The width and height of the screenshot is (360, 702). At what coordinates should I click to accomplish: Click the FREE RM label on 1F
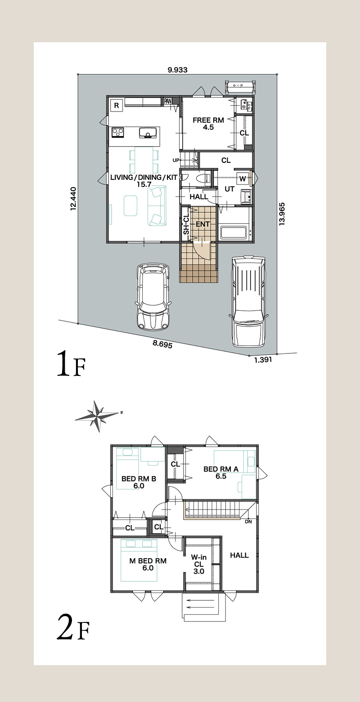[208, 120]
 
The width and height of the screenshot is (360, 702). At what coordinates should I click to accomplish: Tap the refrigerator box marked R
[117, 105]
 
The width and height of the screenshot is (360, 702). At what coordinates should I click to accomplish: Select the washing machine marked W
[243, 179]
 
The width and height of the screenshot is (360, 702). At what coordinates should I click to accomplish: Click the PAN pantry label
[168, 101]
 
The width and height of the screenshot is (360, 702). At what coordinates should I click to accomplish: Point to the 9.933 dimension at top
[177, 70]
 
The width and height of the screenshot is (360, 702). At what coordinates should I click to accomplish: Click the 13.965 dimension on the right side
[282, 214]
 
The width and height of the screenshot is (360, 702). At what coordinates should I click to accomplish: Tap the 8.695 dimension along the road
[162, 344]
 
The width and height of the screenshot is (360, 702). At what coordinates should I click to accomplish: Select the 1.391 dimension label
[263, 360]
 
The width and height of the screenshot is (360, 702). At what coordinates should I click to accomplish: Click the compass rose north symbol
[98, 416]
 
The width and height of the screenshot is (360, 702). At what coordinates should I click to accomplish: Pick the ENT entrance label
[202, 224]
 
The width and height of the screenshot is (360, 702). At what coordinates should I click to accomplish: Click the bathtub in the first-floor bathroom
[234, 232]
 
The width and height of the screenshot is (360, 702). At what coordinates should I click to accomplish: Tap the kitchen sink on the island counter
[148, 133]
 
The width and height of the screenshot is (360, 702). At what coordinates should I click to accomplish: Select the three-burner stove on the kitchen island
[118, 132]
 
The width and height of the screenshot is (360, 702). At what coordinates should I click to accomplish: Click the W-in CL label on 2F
[199, 564]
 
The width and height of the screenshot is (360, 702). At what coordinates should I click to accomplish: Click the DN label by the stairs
[248, 522]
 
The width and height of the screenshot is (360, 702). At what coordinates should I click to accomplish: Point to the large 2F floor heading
[73, 627]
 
